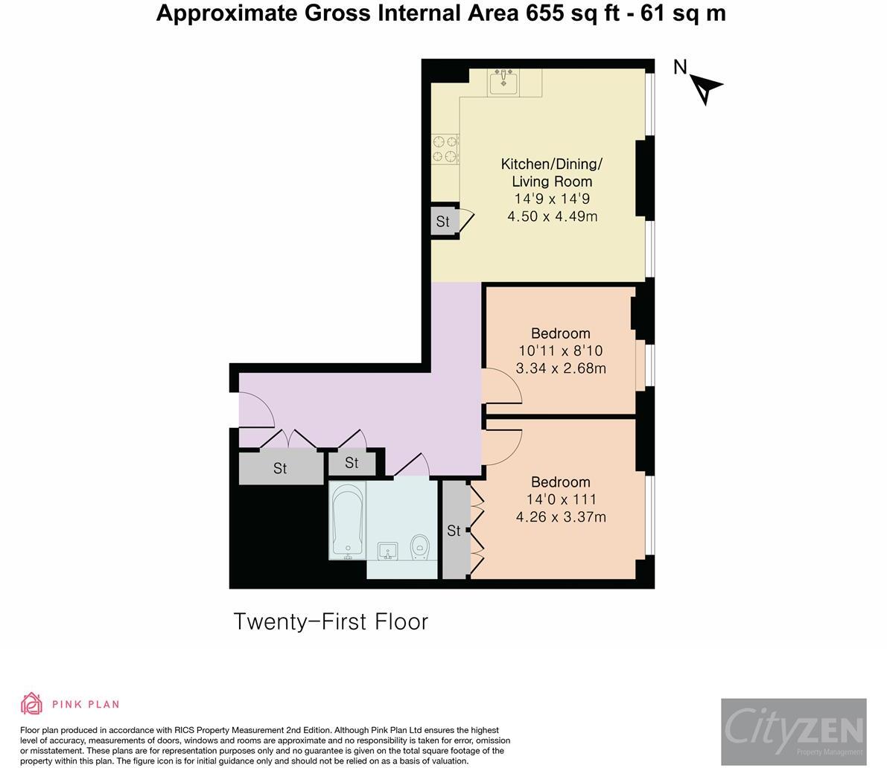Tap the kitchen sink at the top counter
503,83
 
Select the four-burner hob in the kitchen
445,149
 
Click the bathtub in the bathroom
347,520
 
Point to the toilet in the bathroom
419,547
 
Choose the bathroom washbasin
387,551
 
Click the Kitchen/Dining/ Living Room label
552,173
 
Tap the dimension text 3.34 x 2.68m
561,368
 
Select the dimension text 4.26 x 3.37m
561,516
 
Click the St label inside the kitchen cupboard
442,222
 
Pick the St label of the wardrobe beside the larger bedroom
454,530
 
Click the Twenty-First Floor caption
331,621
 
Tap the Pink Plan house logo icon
32,703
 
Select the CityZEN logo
794,732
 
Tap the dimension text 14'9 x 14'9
552,199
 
